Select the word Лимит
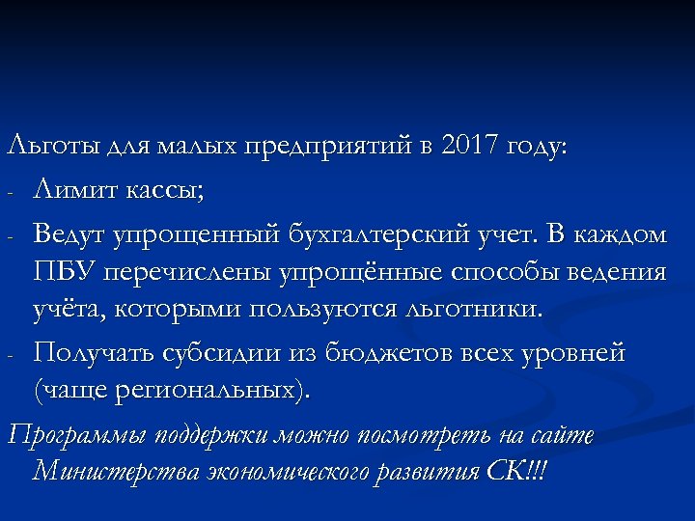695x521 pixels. pos(74,190)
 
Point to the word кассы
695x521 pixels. pos(163,190)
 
